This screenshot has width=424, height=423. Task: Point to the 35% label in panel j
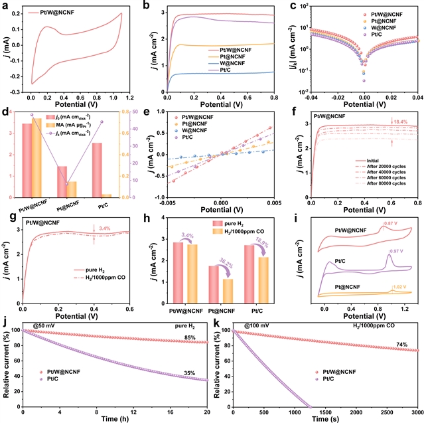[188, 373]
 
